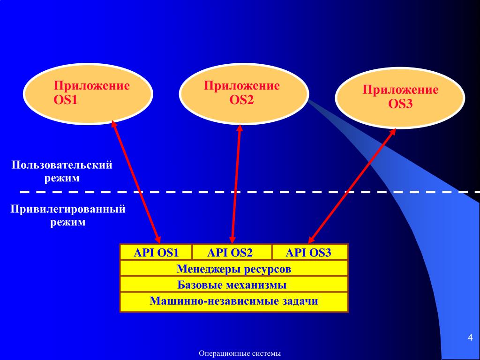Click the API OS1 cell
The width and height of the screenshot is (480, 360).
pyautogui.click(x=156, y=253)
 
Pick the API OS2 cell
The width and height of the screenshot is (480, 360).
pyautogui.click(x=232, y=253)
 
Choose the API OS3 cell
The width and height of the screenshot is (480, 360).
pyautogui.click(x=309, y=253)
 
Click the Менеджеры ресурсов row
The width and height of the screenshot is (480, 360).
pyautogui.click(x=234, y=269)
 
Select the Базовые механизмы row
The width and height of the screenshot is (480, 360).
pyautogui.click(x=234, y=285)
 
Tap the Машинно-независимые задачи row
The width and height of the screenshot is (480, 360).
pyautogui.click(x=234, y=301)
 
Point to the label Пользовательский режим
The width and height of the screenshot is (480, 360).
pyautogui.click(x=62, y=172)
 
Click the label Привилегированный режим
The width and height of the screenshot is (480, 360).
pyautogui.click(x=68, y=215)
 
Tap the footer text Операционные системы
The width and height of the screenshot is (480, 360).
pyautogui.click(x=240, y=353)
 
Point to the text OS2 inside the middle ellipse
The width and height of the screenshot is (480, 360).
pyautogui.click(x=241, y=99)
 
